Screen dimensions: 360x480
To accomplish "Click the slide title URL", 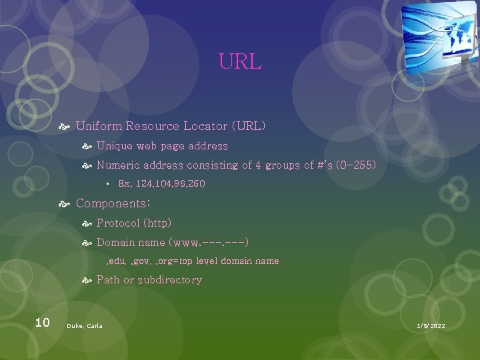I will pyautogui.click(x=240, y=62).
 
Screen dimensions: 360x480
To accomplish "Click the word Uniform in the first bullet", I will pyautogui.click(x=99, y=126).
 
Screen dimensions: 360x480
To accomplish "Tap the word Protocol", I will pyautogui.click(x=118, y=223).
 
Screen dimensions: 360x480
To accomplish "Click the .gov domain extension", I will pyautogui.click(x=143, y=261).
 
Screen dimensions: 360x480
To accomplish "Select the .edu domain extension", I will pyautogui.click(x=117, y=261).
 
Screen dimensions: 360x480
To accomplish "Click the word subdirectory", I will pyautogui.click(x=169, y=280).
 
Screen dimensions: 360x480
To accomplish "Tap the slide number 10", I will pyautogui.click(x=42, y=323).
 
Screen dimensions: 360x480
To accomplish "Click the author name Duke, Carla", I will pyautogui.click(x=85, y=326).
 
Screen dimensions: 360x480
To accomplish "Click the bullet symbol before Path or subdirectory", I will pyautogui.click(x=86, y=281).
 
